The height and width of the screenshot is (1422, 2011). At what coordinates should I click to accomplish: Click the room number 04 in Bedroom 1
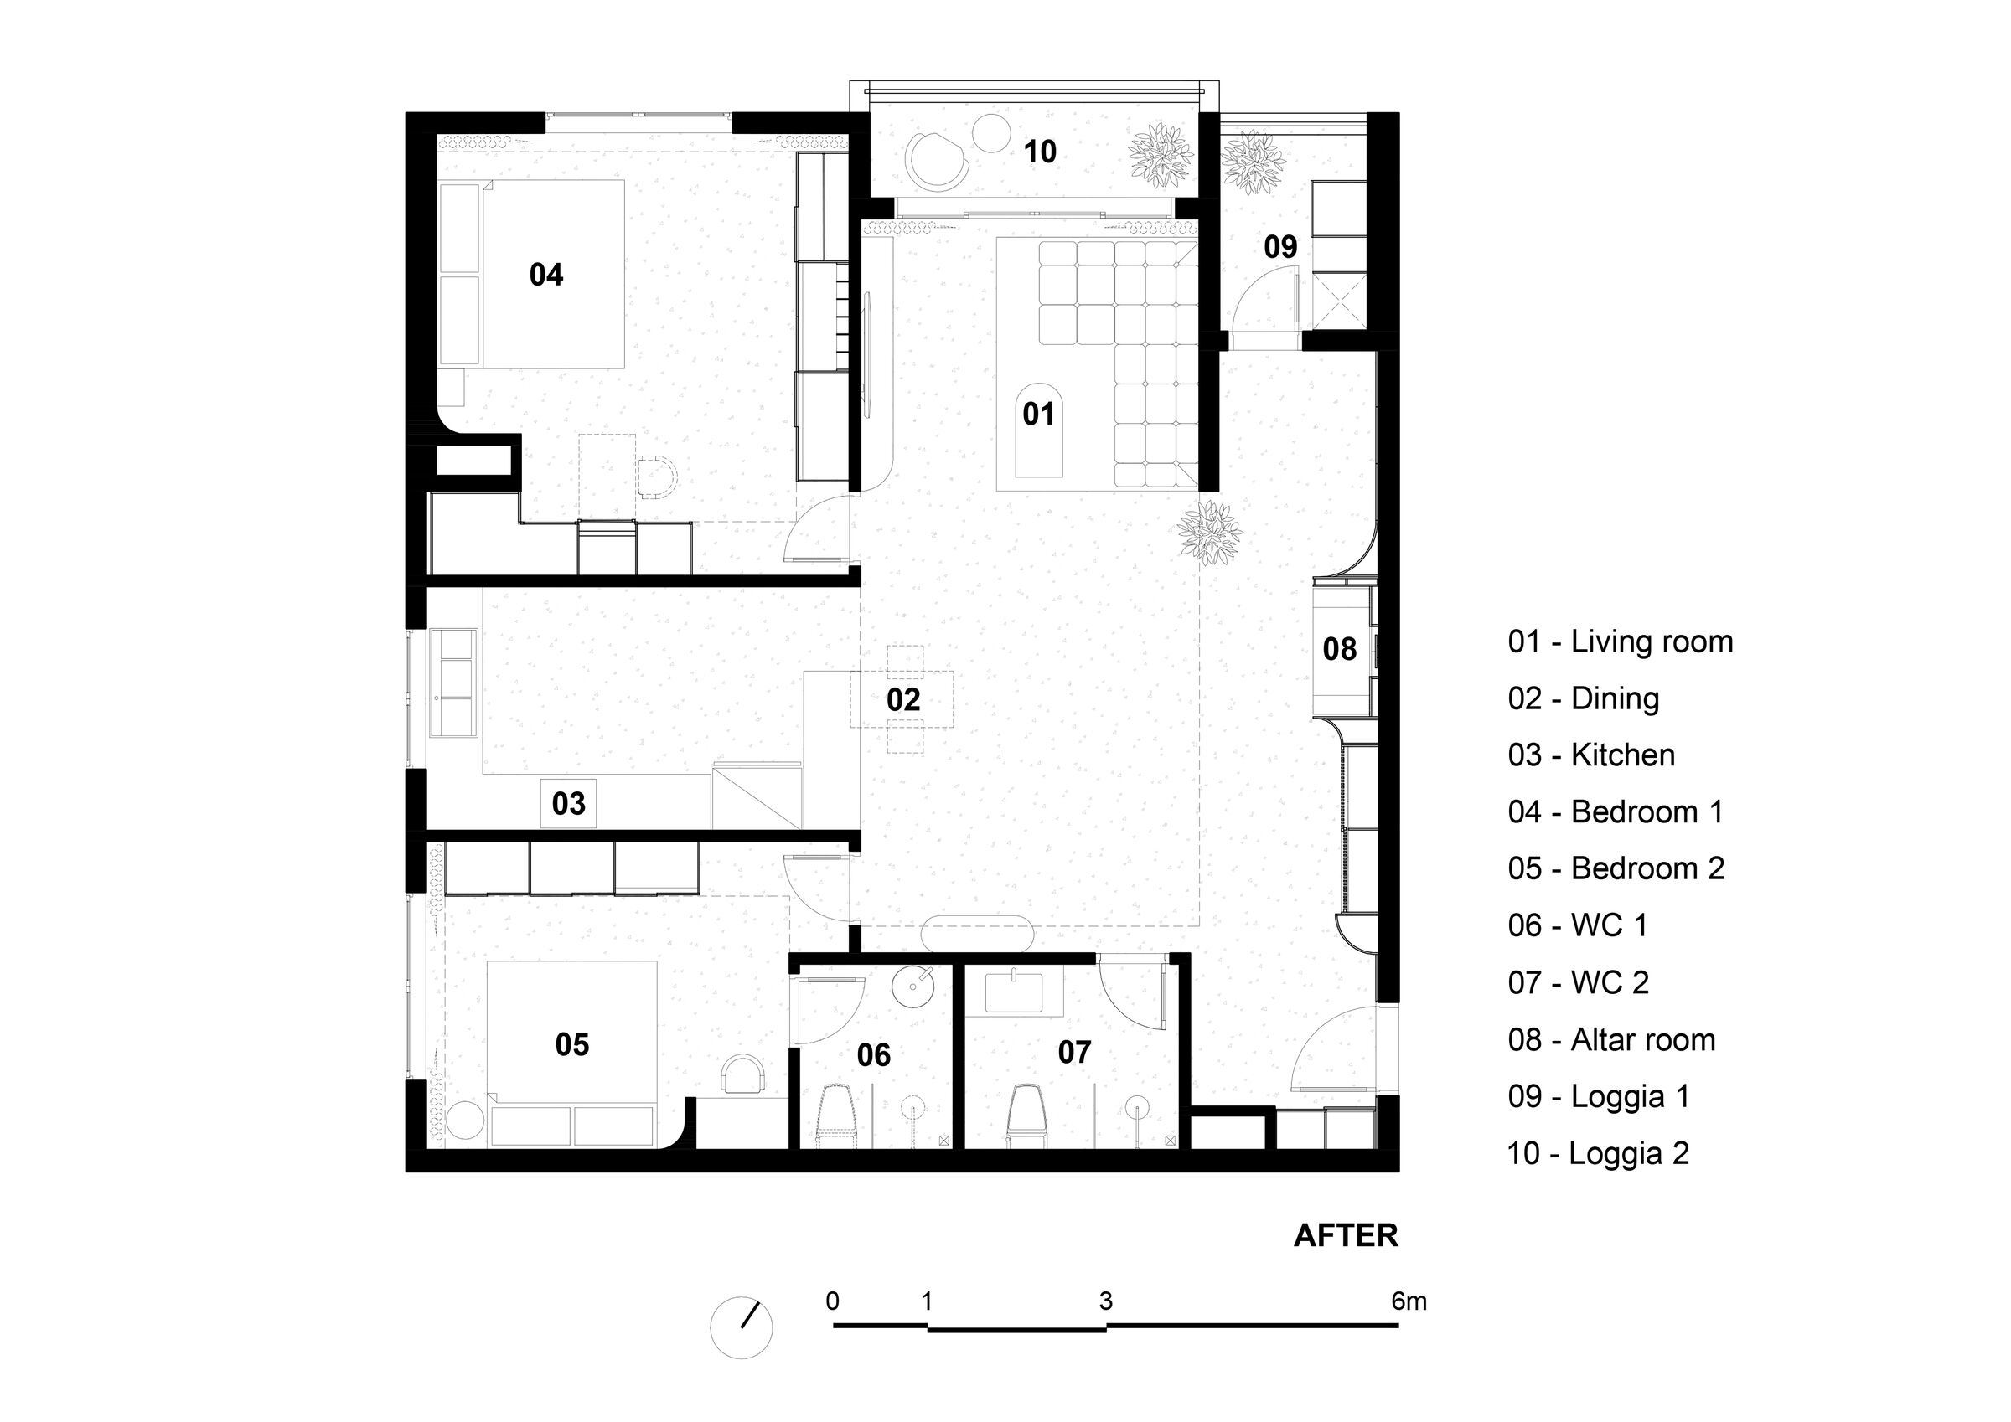coord(545,275)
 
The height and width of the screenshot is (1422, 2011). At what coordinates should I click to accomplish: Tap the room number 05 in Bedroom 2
coord(572,1044)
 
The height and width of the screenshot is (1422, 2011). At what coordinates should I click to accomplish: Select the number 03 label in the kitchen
coord(568,803)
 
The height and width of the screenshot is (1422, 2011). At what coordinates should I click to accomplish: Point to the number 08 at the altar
coord(1339,649)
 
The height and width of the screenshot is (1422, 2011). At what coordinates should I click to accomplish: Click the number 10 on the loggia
coord(1040,152)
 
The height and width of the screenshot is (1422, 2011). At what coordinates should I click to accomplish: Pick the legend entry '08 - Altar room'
coord(1611,1039)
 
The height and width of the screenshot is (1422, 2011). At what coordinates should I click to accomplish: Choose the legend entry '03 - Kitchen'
coord(1591,755)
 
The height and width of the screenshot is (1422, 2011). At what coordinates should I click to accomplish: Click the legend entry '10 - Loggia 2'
coord(1598,1153)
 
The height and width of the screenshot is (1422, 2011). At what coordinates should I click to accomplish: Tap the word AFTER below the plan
coord(1347,1235)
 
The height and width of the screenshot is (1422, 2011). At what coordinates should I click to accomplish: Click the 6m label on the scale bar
coord(1409,1302)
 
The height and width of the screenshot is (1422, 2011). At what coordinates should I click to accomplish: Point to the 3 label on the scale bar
coord(1105,1302)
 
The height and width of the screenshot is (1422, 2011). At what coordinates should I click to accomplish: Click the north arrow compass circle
coord(741,1327)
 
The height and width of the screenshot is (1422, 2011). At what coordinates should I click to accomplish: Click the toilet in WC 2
coord(1026,1115)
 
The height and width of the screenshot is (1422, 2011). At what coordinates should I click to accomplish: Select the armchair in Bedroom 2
coord(743,1074)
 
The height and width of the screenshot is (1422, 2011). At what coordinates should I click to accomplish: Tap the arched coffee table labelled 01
coord(1039,430)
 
